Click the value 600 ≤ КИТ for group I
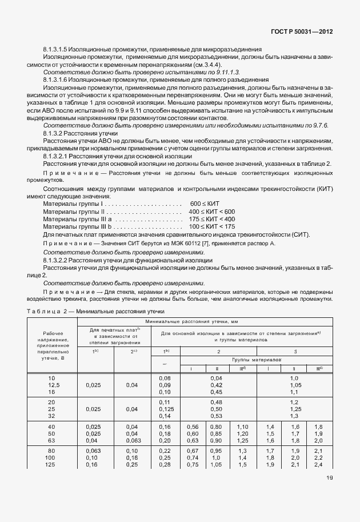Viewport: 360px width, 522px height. (205, 204)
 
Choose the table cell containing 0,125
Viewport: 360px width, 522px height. (165, 409)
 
